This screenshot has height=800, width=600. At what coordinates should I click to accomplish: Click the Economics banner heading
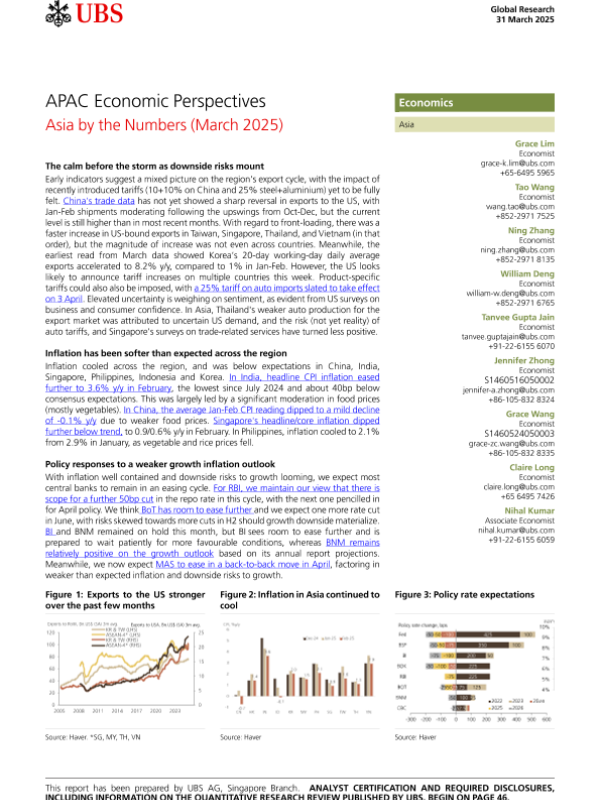427,103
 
